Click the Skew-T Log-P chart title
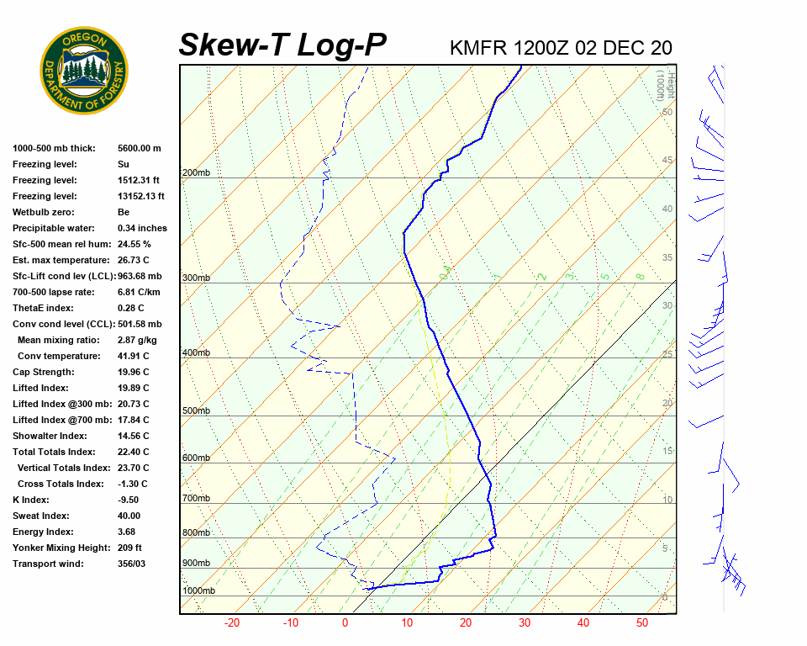click(x=282, y=45)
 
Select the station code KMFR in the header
click(x=478, y=48)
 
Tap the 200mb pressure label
click(x=196, y=173)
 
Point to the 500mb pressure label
click(x=196, y=411)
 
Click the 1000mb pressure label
click(x=198, y=591)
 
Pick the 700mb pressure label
click(x=196, y=499)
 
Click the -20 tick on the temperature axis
click(x=232, y=623)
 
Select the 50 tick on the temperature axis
click(x=641, y=623)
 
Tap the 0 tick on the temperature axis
click(x=345, y=623)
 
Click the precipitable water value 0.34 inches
click(x=142, y=228)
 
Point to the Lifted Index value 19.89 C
click(x=133, y=388)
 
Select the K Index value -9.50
click(x=128, y=500)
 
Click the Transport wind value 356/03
click(x=131, y=564)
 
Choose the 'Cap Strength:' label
click(x=43, y=372)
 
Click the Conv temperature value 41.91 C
click(x=133, y=356)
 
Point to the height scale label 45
click(x=667, y=161)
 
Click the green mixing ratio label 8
click(x=640, y=276)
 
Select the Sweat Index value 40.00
click(x=129, y=516)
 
